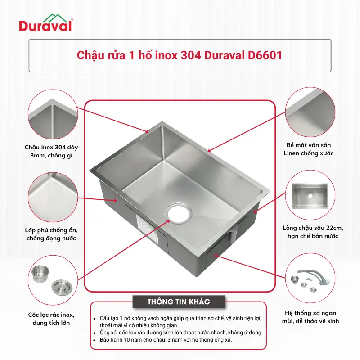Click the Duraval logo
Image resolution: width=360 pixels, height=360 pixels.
coord(46,22)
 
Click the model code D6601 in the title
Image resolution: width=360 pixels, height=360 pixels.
coord(265,55)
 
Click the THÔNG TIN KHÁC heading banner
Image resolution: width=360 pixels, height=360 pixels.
coord(179,301)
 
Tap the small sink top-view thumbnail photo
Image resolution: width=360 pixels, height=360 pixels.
coord(310,196)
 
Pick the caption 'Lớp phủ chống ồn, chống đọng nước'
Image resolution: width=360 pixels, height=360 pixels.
coord(51,234)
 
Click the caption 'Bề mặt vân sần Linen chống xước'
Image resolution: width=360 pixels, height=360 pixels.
coord(309,149)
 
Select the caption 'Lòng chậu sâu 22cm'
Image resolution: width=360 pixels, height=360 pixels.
coord(313,228)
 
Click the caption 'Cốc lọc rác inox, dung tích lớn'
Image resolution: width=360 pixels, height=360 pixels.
coord(51,319)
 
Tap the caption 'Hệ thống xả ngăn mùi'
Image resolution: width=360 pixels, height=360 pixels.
coord(310,313)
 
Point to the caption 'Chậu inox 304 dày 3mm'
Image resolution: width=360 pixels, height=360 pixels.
coord(51,151)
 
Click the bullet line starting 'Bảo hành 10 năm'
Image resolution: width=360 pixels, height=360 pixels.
coord(166,340)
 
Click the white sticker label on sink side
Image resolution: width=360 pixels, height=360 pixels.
coord(147,227)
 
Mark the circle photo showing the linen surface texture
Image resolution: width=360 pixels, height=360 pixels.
coord(310,112)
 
